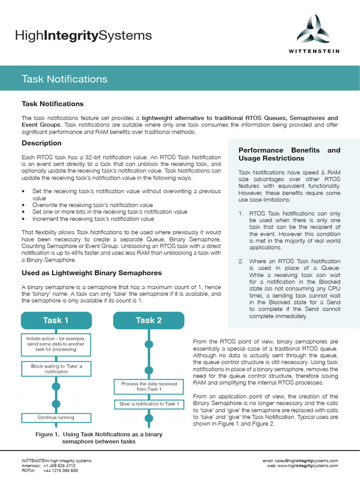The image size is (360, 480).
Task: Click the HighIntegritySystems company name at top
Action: pos(83,35)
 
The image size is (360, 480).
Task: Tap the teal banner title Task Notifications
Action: pos(65,79)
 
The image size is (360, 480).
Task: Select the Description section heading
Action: pos(42,143)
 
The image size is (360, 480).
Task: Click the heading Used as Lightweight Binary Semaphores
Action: pos(92,273)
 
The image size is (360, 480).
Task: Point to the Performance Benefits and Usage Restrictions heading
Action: pos(289,154)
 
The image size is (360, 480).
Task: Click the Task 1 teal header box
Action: pos(56,320)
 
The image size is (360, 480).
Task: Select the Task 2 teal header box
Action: pos(149,320)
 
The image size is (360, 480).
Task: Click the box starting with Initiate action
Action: pos(56,343)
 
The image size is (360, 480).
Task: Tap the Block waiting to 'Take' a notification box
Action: pos(56,369)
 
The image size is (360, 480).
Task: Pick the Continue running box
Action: pos(56,417)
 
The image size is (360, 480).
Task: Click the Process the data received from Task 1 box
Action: pos(149,386)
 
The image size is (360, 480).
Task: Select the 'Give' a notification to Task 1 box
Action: pos(149,404)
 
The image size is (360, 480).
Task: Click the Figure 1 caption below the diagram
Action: pos(99,438)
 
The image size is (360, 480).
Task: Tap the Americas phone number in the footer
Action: pos(59,465)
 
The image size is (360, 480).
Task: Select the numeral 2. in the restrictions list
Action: pos(241,261)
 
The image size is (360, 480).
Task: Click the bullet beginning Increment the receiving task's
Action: pos(93,219)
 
